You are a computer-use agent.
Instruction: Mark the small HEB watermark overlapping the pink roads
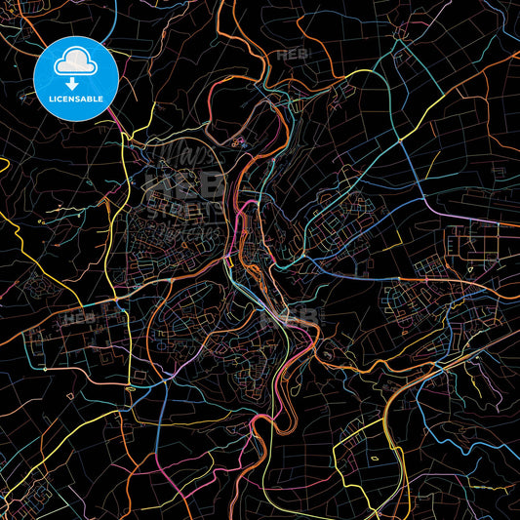pos(299,317)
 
